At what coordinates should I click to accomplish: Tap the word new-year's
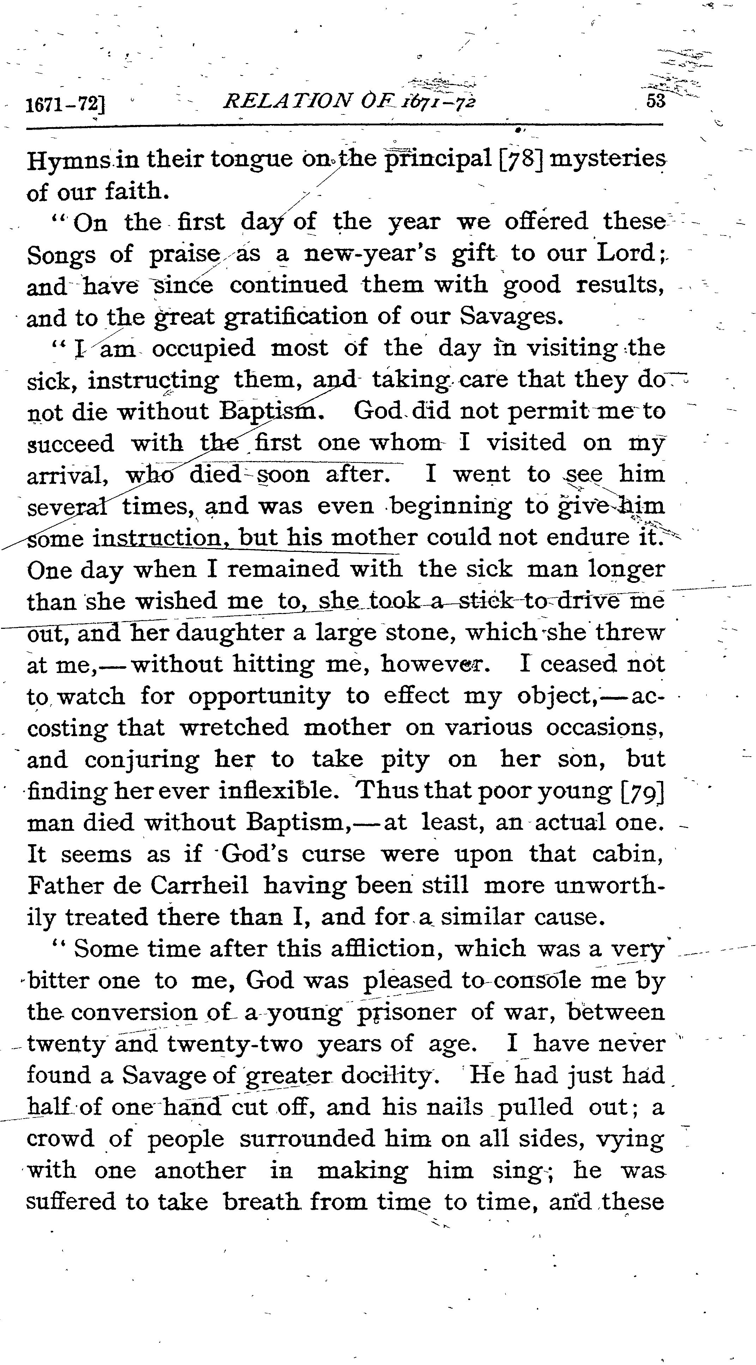pos(370,254)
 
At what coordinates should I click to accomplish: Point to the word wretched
pos(234,728)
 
